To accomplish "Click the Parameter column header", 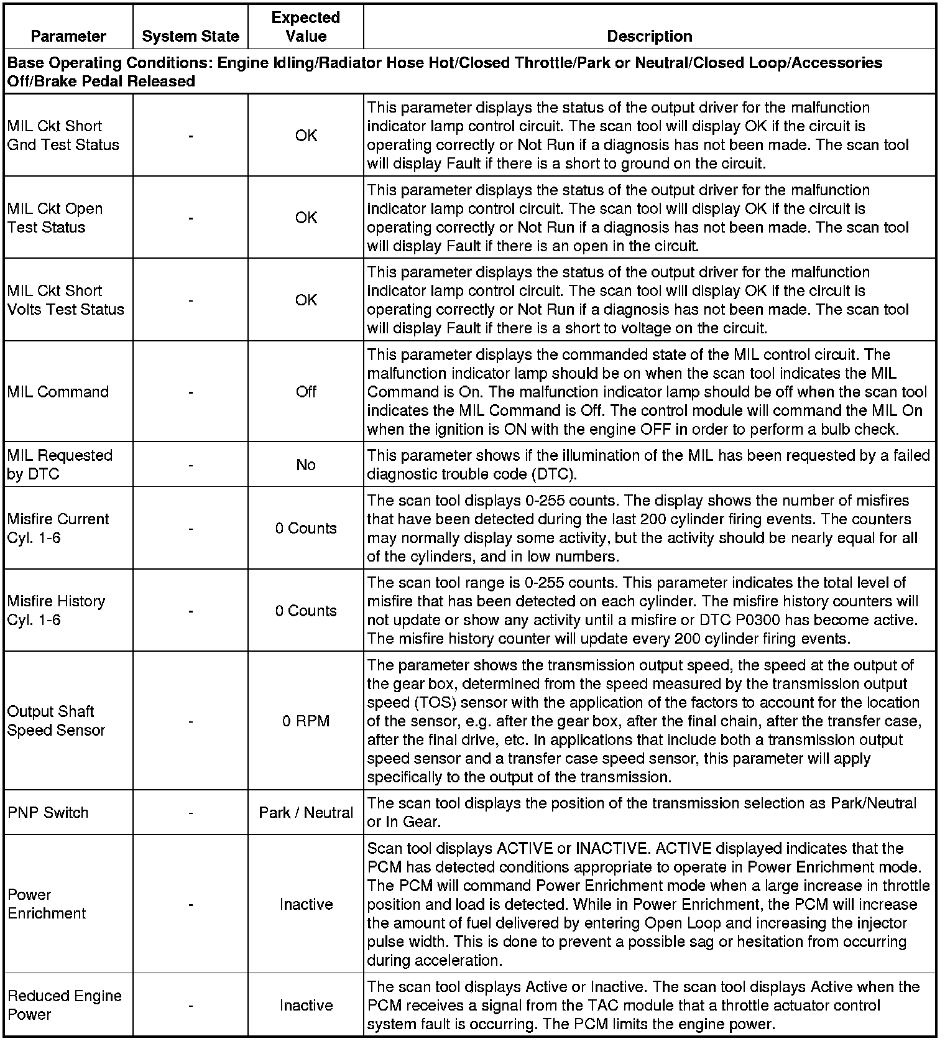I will (x=68, y=36).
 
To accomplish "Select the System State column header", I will (x=190, y=36).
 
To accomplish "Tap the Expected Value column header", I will (x=306, y=27).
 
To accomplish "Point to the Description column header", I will (x=649, y=36).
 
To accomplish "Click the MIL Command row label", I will (x=58, y=392).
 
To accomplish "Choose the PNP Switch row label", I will (x=48, y=812).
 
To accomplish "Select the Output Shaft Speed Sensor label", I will (x=56, y=721).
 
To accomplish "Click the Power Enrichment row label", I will (x=47, y=904).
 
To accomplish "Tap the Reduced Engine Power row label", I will (x=64, y=1005).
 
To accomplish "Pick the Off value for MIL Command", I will (x=306, y=392).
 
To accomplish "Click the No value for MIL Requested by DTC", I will (x=306, y=465).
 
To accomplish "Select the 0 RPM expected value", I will (x=306, y=721).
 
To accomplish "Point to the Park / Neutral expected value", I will (x=306, y=812).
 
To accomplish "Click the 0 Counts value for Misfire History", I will (x=306, y=611).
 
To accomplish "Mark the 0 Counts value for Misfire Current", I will (x=306, y=528).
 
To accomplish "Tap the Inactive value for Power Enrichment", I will (x=306, y=904).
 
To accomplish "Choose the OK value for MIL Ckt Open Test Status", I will (x=306, y=218).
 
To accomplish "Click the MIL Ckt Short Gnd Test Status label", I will (x=63, y=136).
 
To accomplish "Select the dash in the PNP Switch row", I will (x=190, y=812).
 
